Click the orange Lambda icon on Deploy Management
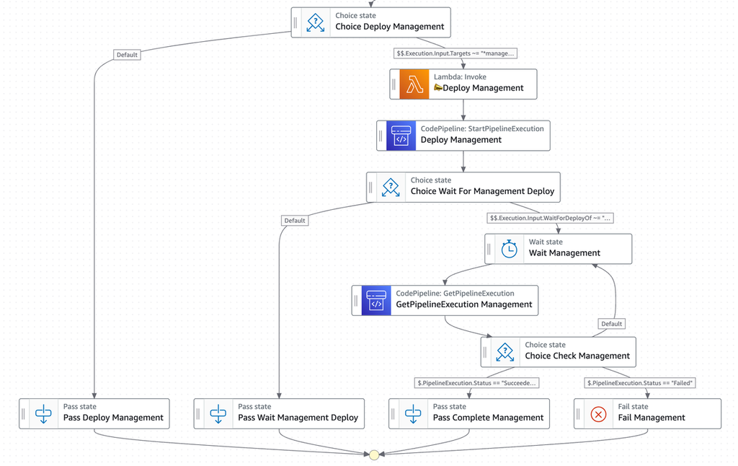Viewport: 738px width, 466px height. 414,84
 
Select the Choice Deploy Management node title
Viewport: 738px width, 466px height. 389,27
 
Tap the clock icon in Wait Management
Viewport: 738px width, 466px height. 510,249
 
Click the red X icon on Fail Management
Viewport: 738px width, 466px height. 598,414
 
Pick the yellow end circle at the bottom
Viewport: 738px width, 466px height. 374,454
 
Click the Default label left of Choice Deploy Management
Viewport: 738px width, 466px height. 127,55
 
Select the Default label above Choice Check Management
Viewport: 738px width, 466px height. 611,324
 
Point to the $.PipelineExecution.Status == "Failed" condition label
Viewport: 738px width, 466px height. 640,383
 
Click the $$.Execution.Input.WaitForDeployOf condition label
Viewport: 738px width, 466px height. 550,218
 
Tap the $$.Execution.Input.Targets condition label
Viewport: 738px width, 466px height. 455,53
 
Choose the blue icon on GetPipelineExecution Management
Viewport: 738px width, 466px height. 376,301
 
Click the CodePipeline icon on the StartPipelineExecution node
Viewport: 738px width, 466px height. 401,136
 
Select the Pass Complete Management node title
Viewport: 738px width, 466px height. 488,418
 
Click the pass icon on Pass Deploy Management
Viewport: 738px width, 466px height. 43,414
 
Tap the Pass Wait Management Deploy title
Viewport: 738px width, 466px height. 298,418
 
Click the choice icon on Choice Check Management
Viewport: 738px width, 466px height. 505,352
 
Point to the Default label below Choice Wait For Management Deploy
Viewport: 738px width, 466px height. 295,221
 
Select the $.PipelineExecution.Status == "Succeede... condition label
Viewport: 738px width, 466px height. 476,383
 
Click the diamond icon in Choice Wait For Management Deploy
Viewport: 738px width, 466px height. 391,187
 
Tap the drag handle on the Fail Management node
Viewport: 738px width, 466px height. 578,414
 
